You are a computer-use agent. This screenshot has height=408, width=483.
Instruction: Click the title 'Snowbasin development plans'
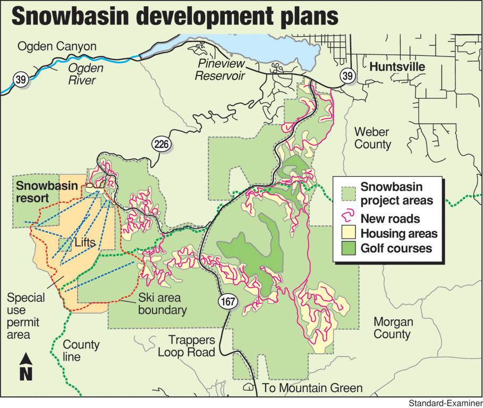tap(175, 16)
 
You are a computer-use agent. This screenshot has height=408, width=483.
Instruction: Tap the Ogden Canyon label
tap(57, 47)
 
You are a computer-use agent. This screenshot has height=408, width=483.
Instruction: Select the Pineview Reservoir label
tap(219, 70)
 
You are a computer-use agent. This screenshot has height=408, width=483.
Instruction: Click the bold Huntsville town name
tap(397, 67)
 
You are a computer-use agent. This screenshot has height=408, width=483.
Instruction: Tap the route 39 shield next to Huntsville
tap(348, 76)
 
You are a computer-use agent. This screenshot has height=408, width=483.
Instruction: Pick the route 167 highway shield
tap(226, 301)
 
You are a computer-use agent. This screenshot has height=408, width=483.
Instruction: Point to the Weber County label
tap(372, 138)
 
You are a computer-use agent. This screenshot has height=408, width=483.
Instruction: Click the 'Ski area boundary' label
tap(162, 304)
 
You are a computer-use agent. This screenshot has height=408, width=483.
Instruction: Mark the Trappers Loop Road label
tap(191, 346)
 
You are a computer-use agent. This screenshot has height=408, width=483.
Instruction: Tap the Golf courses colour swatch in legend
tap(349, 248)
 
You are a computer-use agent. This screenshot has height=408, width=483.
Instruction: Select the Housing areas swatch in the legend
tap(349, 233)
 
